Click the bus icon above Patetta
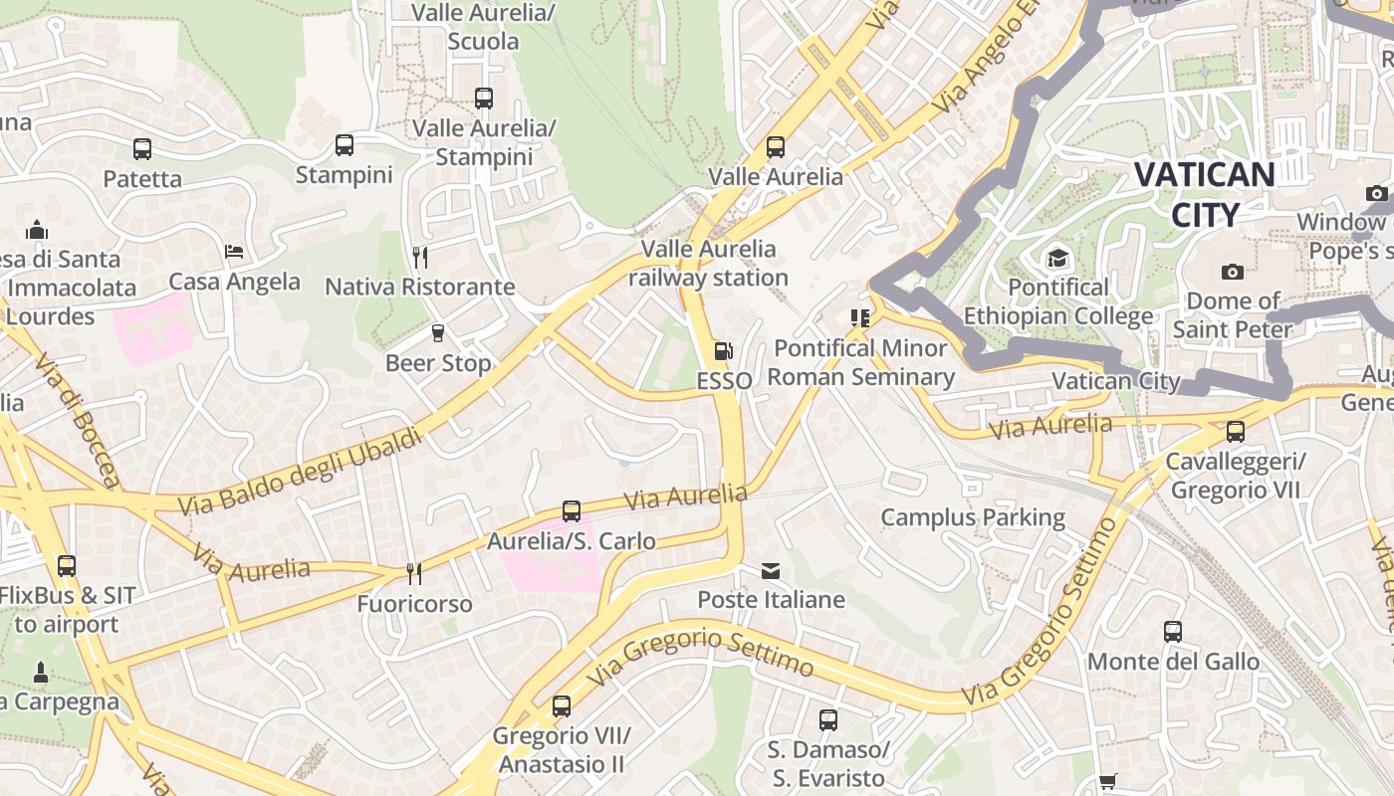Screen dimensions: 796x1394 coord(142,149)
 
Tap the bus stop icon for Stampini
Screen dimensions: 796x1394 coord(345,145)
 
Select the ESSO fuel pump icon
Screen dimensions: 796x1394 coord(724,351)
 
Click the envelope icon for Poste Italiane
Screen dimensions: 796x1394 coord(771,571)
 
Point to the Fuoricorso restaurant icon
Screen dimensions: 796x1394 coord(414,574)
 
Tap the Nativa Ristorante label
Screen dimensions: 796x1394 coord(420,288)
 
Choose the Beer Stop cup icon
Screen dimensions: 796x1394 coord(437,333)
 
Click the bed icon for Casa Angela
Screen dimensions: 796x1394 coord(234,252)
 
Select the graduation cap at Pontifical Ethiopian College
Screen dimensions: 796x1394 coord(1057,259)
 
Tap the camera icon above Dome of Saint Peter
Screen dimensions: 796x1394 coord(1233,272)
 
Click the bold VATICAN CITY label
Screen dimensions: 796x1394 coord(1205,194)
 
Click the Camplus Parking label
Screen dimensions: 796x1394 coord(973,517)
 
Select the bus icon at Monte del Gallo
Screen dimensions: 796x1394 coord(1173,632)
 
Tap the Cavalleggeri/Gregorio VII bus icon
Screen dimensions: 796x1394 coord(1236,432)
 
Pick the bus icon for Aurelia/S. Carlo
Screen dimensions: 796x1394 coord(572,511)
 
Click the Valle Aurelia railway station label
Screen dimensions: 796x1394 coord(708,263)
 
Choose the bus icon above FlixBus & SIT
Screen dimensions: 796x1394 coord(67,566)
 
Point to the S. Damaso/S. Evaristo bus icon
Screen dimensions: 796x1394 coord(828,720)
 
